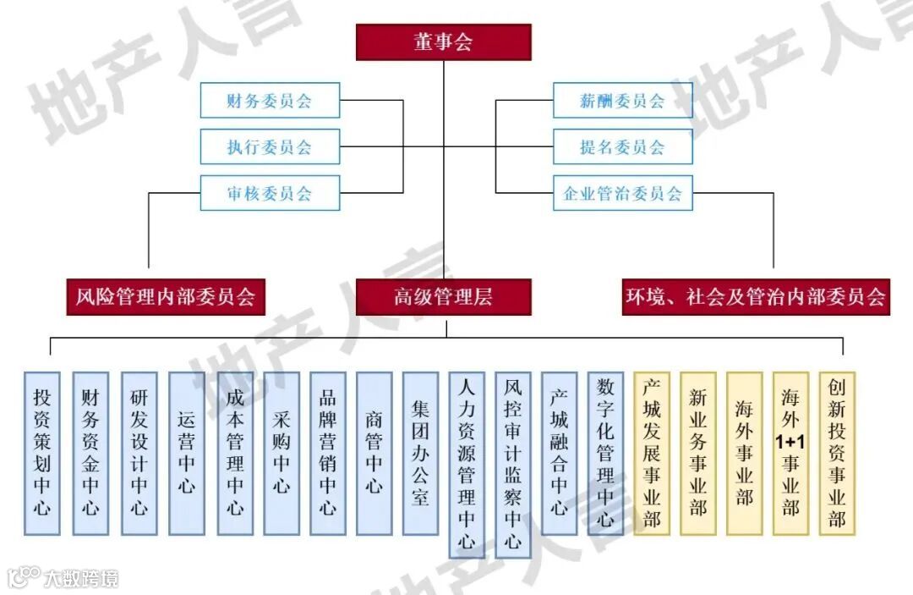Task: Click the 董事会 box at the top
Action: pos(443,42)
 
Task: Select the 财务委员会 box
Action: pos(270,101)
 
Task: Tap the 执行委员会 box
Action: pos(270,146)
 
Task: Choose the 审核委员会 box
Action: pos(270,193)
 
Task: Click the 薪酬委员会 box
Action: pos(622,101)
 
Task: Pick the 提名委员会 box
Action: pos(622,146)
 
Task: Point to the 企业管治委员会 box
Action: pos(622,193)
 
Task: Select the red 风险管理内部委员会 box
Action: pos(166,297)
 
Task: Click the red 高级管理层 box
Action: pos(443,297)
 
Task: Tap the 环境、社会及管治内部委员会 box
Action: pos(756,297)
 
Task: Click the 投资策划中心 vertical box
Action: pos(42,453)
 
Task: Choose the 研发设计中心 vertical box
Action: pos(139,453)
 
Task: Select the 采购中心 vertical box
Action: pos(282,453)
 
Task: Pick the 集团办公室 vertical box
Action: pos(420,453)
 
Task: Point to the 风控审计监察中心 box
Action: pos(513,465)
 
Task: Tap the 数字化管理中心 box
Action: pos(605,453)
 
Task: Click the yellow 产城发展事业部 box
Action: pos(652,453)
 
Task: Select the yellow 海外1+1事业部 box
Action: pos(790,453)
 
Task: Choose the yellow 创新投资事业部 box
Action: pos(837,453)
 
